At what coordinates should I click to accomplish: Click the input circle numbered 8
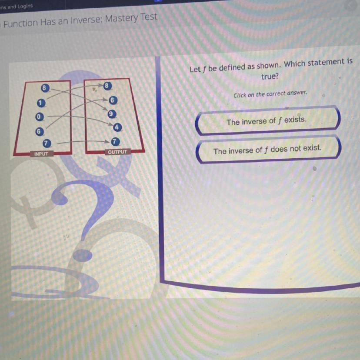[x=45, y=88]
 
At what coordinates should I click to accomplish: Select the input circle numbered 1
[x=41, y=103]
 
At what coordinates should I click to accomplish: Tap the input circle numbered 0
[x=39, y=117]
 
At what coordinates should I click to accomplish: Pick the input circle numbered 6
[x=39, y=132]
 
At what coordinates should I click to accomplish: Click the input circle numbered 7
[x=47, y=143]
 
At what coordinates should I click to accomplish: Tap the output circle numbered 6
[x=113, y=100]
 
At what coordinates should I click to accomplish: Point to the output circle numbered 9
[x=112, y=114]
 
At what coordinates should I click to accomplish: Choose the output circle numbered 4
[x=117, y=127]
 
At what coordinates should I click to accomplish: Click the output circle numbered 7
[x=115, y=142]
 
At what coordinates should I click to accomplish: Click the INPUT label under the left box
[x=42, y=154]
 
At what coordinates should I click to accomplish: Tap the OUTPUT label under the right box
[x=117, y=152]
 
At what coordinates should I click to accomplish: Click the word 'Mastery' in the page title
[x=121, y=19]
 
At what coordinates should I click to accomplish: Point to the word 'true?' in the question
[x=270, y=76]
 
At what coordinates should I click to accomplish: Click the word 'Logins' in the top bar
[x=25, y=6]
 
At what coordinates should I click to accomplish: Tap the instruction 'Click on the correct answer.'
[x=270, y=94]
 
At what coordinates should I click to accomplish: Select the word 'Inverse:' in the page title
[x=86, y=21]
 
